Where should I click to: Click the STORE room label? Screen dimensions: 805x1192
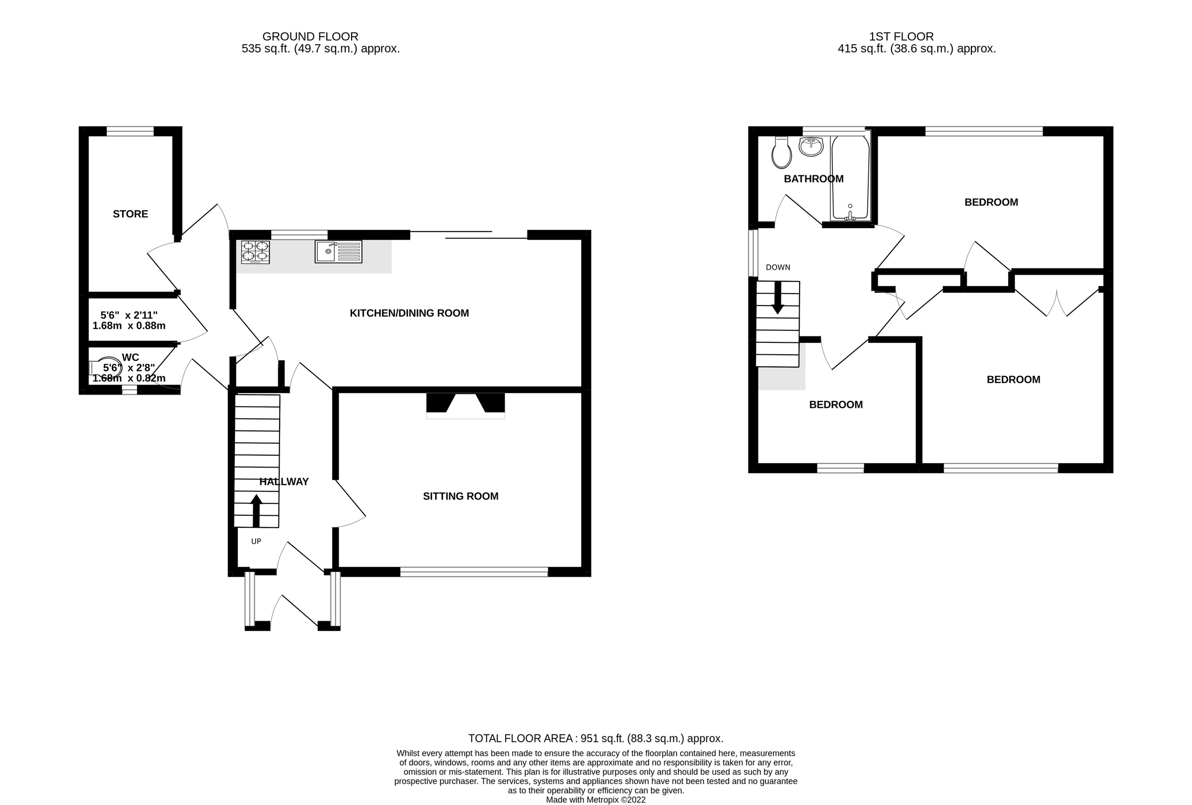coord(130,214)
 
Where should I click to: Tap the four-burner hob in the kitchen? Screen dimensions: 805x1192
coord(255,252)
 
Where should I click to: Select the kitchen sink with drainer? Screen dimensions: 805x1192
coord(338,251)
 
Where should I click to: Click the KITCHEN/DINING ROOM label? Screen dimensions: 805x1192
coord(409,313)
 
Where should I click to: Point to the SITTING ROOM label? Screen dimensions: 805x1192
coord(460,496)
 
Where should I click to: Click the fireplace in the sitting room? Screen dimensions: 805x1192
coord(465,405)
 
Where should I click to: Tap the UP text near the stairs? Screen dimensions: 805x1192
coord(256,541)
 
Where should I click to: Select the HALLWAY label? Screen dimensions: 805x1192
coord(284,482)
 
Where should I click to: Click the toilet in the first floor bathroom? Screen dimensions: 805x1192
coord(782,153)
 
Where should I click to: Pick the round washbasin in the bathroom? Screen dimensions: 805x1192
coord(811,146)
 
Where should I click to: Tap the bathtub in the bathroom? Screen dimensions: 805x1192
coord(850,177)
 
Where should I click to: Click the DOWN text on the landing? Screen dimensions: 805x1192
coord(778,267)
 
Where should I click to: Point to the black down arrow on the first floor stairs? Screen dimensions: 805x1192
coord(778,298)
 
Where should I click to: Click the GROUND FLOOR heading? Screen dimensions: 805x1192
coord(310,36)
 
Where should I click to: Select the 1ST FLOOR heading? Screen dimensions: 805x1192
coord(901,36)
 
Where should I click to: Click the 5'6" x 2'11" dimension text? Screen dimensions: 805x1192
coord(129,316)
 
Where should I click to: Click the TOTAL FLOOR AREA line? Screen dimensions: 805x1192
coord(596,738)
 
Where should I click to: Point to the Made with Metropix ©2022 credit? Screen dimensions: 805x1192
coord(596,800)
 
